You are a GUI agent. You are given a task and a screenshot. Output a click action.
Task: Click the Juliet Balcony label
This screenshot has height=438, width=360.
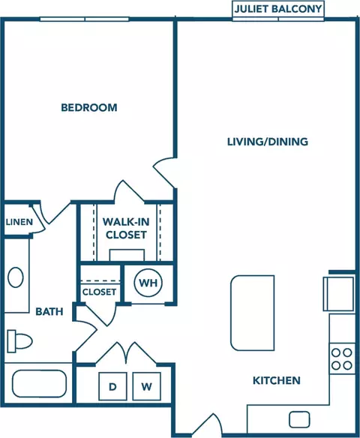click(x=278, y=9)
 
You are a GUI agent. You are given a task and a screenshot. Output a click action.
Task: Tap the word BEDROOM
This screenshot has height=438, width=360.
click(x=89, y=107)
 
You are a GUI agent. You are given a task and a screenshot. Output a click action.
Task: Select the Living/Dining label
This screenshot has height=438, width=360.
click(x=268, y=142)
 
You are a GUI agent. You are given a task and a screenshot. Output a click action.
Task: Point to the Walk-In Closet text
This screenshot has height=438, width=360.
click(x=126, y=228)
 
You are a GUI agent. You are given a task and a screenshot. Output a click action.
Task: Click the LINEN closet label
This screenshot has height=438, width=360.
click(x=19, y=222)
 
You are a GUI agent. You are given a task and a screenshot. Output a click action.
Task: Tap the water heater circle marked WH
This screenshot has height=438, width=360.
click(x=148, y=283)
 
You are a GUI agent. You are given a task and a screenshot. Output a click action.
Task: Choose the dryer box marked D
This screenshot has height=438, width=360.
click(x=112, y=386)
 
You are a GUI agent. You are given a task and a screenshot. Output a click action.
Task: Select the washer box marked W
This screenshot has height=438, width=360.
click(x=147, y=386)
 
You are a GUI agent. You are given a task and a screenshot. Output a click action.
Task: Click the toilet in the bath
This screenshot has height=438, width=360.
click(x=19, y=341)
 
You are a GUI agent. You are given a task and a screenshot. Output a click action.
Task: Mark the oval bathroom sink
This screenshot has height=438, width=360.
click(x=16, y=277)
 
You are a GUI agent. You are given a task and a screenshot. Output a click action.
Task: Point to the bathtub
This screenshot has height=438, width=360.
click(x=40, y=383)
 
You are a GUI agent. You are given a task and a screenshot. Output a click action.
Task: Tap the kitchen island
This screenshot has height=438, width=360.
click(x=253, y=313)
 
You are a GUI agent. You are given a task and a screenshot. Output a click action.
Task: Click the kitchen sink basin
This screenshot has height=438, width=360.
click(x=299, y=419)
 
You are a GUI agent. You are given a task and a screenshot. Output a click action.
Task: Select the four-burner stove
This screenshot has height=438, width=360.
click(x=342, y=358)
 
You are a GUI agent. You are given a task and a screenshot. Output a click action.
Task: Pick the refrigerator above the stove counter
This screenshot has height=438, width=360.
click(x=339, y=293)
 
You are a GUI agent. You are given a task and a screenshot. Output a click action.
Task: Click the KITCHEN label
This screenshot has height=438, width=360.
click(x=277, y=380)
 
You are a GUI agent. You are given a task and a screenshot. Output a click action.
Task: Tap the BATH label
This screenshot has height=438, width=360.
click(x=49, y=311)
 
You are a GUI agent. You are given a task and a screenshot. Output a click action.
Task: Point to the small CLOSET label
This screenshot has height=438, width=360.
click(x=100, y=292)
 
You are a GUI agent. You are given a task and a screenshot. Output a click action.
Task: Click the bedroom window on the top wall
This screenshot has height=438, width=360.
click(x=84, y=19)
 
